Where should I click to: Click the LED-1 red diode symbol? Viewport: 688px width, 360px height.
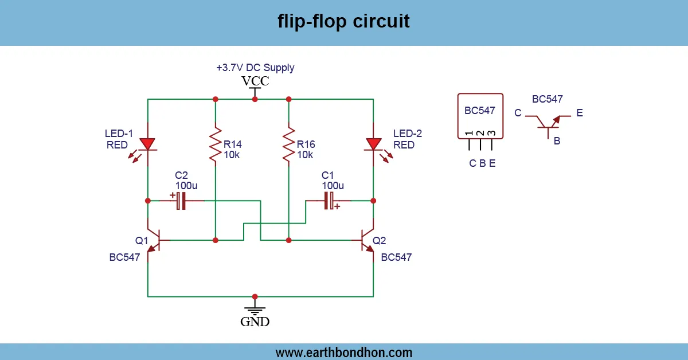click(148, 144)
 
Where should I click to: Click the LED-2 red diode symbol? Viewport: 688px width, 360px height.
click(373, 144)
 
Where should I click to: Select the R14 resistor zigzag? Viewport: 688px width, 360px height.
click(216, 145)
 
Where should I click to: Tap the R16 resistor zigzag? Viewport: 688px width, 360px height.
click(288, 145)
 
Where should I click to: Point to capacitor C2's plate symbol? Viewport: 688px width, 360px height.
click(181, 201)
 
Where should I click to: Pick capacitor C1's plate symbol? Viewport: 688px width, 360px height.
click(329, 201)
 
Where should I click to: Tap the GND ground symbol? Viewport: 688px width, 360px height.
click(255, 310)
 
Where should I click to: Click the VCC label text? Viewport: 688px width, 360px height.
click(255, 81)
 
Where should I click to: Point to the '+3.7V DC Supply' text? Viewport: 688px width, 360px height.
click(255, 68)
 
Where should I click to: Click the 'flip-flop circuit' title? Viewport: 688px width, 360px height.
click(343, 21)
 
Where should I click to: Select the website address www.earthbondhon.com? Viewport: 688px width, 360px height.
click(343, 352)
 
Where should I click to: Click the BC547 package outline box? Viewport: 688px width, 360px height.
click(480, 116)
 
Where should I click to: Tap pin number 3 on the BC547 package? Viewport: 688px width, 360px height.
click(492, 134)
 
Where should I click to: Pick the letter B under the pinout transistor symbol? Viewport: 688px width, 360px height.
click(557, 141)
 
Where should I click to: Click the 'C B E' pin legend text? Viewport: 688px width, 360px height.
click(482, 163)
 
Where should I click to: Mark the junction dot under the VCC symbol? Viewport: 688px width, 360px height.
click(255, 99)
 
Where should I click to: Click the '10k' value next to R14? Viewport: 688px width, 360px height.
click(232, 155)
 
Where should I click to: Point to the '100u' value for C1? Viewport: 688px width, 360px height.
click(333, 186)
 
